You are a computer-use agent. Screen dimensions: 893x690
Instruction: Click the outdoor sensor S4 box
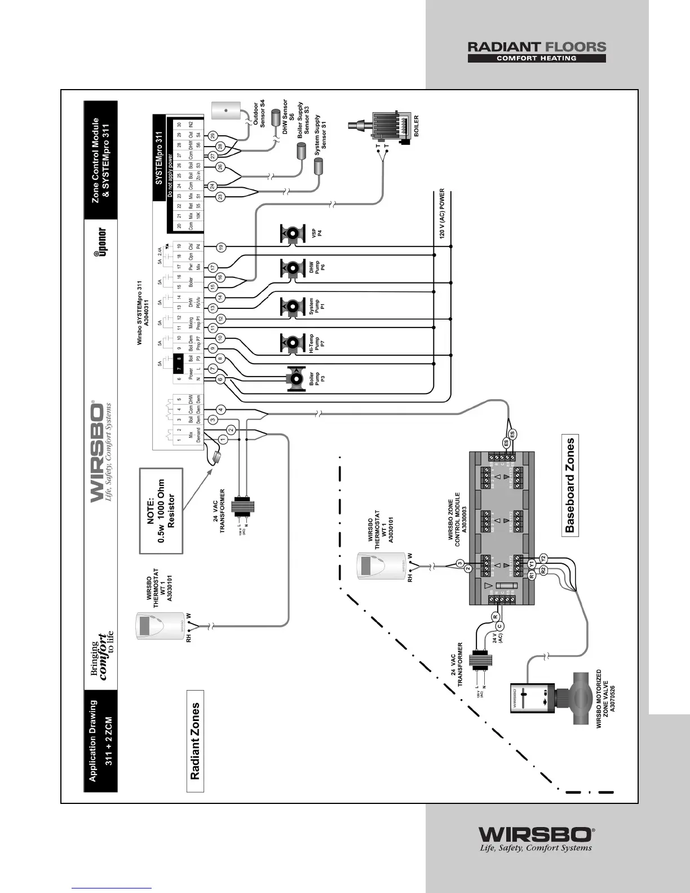pos(226,110)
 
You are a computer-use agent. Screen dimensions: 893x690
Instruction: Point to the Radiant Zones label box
pos(195,740)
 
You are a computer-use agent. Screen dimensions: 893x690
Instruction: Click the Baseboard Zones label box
pos(571,485)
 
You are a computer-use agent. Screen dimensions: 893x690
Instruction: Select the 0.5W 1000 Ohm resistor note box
pos(161,510)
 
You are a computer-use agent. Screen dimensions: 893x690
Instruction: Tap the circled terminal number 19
pos(222,247)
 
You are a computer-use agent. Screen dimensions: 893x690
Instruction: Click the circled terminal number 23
pos(221,196)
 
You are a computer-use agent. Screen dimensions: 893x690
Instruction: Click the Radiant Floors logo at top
pos(536,51)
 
